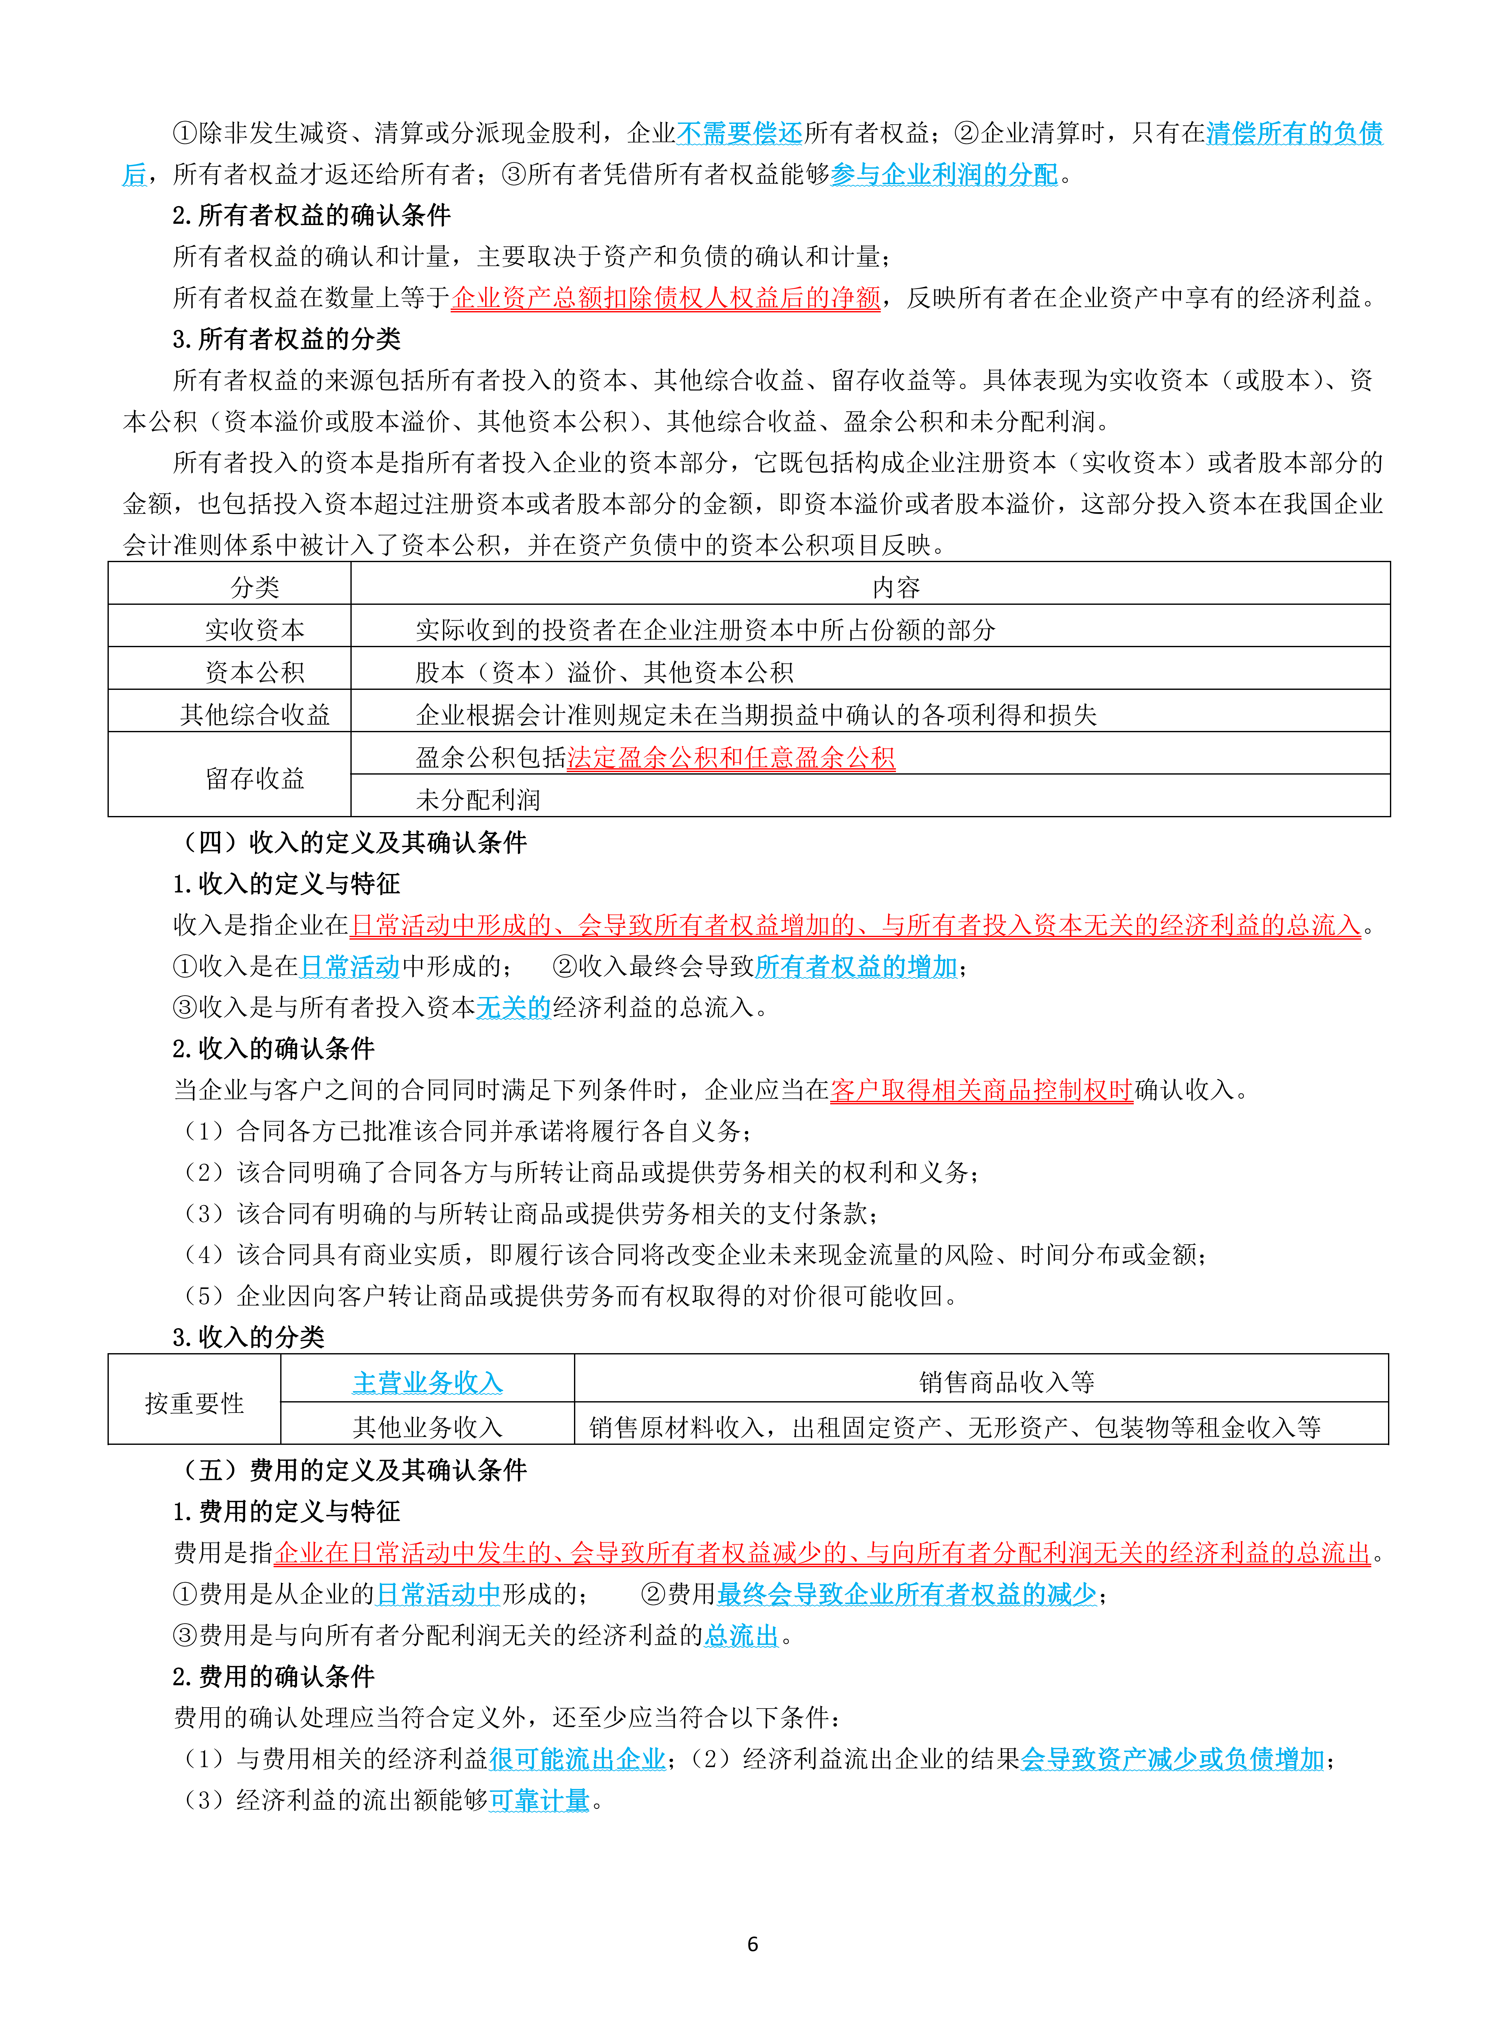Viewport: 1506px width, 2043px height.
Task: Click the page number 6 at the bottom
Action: [752, 1944]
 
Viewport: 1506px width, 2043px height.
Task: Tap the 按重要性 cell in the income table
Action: [194, 1402]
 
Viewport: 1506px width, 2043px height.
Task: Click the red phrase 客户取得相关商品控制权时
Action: [981, 1090]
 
